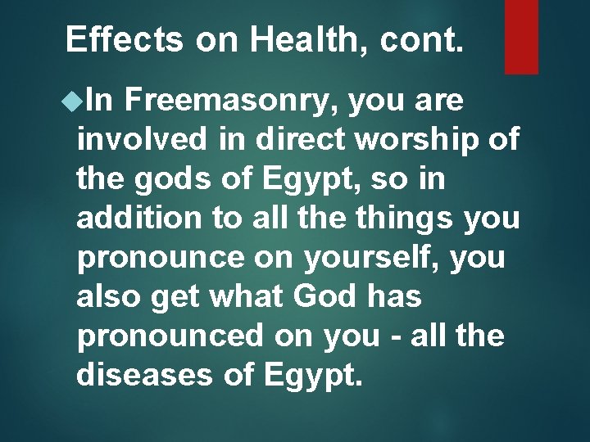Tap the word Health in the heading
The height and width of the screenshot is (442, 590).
tap(301, 38)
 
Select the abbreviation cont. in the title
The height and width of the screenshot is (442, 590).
tap(423, 38)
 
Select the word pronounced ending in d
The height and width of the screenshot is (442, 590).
tap(169, 337)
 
